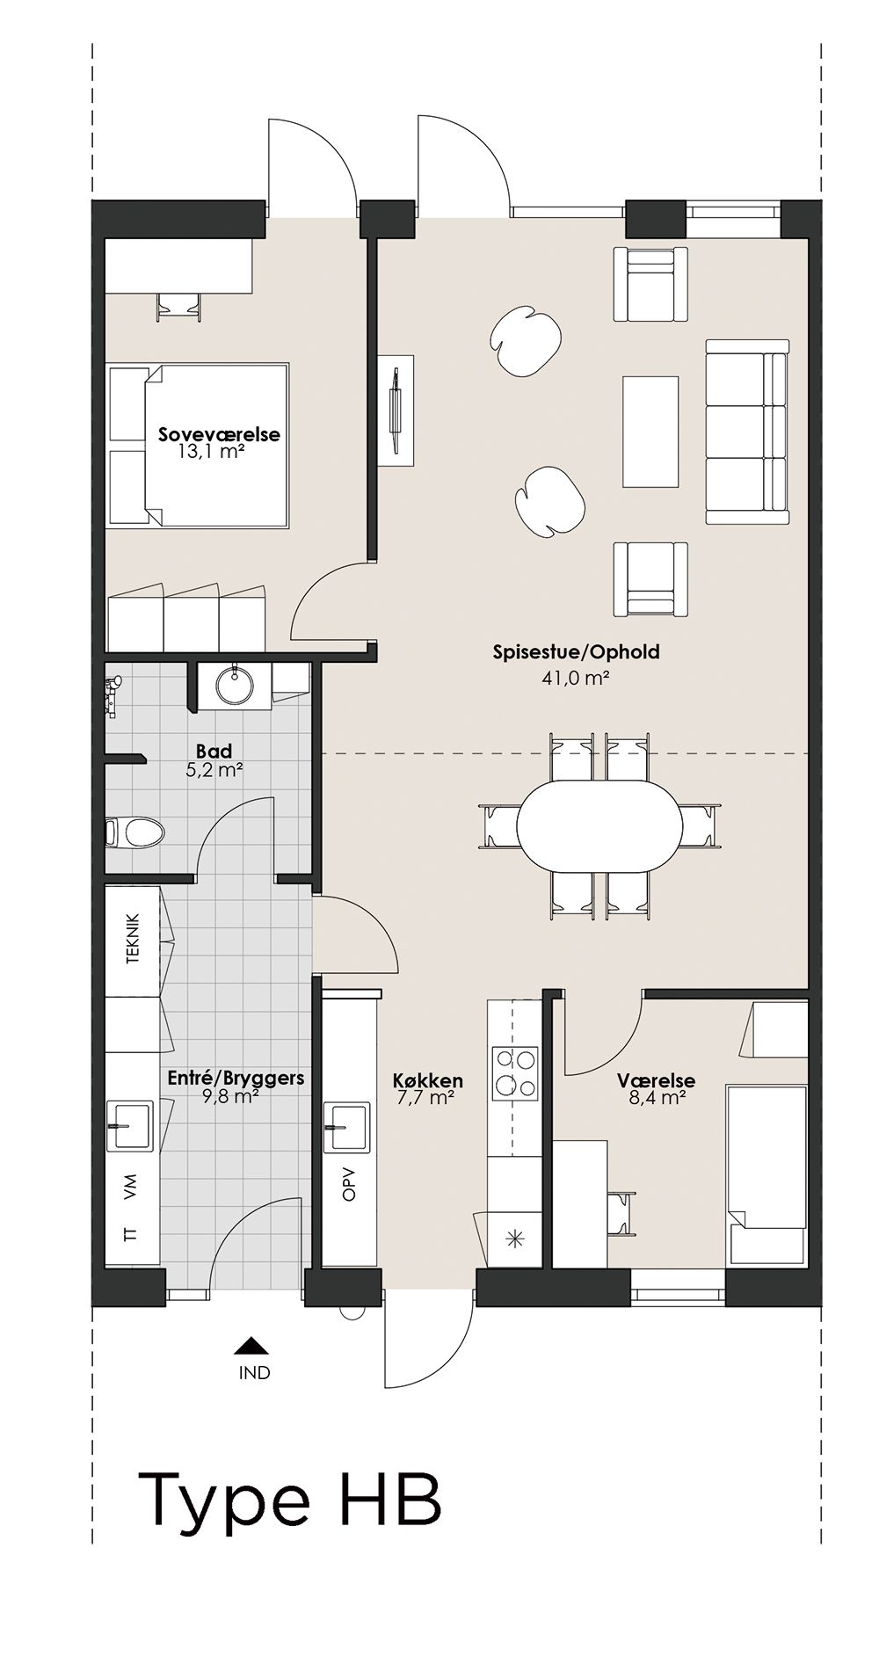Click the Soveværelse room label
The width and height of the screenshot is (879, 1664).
point(219,434)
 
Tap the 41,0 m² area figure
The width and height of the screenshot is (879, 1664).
point(577,678)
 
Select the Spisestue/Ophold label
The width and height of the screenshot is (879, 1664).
point(576,652)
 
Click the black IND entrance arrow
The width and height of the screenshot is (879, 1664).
point(252,1345)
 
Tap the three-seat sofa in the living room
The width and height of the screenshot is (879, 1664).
point(746,432)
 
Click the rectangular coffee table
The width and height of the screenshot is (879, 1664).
point(650,432)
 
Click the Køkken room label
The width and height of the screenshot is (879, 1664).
point(428,1080)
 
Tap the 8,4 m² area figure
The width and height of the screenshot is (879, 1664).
point(657,1097)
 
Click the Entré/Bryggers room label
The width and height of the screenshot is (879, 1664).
point(236,1077)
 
